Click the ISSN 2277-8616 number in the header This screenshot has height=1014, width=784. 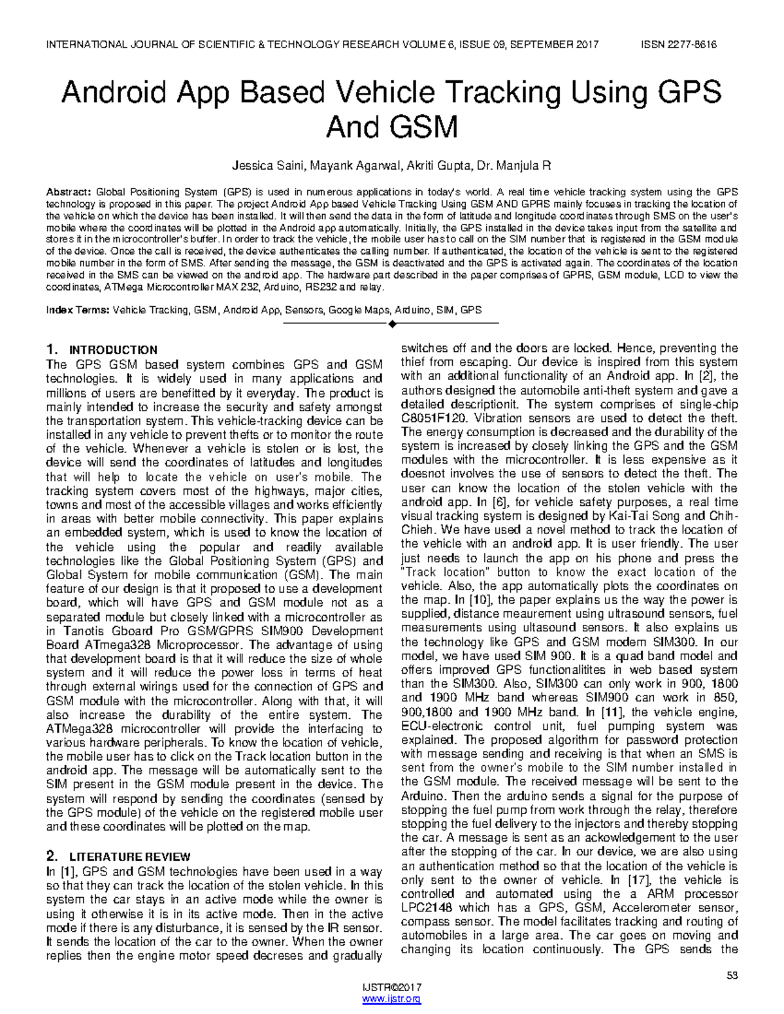[x=679, y=44]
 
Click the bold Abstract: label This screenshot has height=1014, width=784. [x=68, y=192]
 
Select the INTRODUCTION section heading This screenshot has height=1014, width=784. [x=113, y=350]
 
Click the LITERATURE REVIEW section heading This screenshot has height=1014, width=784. [x=129, y=857]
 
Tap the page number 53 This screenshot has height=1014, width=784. [x=732, y=975]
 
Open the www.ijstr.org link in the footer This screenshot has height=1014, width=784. [x=391, y=1000]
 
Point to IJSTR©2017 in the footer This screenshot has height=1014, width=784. [x=391, y=989]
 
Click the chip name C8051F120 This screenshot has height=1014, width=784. [x=434, y=418]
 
